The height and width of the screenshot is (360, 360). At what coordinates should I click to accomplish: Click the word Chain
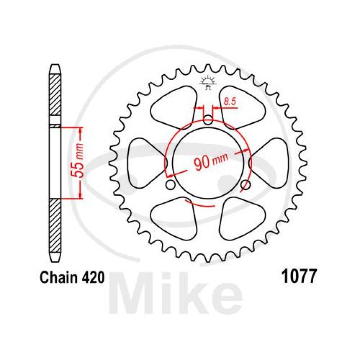pos(58,278)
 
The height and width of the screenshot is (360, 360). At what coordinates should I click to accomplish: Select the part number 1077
pos(299,276)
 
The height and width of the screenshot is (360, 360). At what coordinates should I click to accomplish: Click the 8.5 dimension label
pos(230,102)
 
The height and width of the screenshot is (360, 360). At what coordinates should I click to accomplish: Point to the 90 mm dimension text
pos(211,161)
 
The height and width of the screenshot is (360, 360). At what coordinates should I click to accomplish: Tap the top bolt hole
pos(208,120)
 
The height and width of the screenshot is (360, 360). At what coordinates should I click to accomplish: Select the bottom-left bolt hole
pos(171,185)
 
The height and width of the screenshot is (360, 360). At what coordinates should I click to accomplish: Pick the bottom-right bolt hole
pos(246,185)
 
